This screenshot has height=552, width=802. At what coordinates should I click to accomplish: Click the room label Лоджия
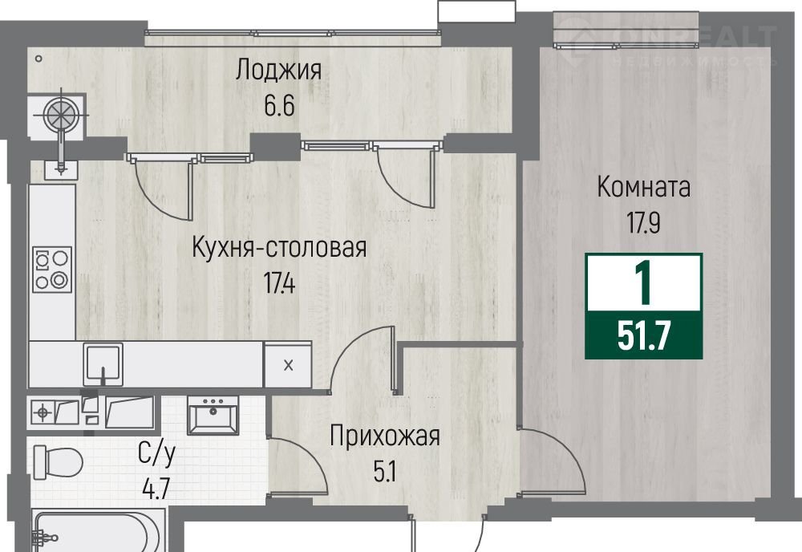tap(279, 70)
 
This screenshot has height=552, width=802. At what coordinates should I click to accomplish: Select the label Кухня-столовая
tap(279, 248)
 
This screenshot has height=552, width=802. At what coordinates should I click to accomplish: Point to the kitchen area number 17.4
tap(279, 282)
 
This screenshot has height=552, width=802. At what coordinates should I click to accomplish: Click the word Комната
tap(644, 187)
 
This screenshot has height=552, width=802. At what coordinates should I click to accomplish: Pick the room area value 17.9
tap(644, 222)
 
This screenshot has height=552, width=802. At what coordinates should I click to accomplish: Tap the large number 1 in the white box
tap(643, 282)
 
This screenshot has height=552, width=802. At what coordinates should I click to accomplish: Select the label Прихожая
tap(385, 436)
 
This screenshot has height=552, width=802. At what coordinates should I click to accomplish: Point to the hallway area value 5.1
tap(385, 472)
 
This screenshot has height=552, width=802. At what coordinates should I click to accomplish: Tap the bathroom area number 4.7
tap(156, 488)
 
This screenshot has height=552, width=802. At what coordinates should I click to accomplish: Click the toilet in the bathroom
tap(58, 462)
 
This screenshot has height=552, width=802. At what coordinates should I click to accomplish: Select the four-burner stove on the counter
tap(52, 270)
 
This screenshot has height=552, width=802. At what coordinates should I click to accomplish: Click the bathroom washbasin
tap(213, 415)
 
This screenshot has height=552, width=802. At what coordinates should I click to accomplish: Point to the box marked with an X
tap(287, 365)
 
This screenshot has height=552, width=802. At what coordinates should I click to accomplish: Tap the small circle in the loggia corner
tap(38, 59)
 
